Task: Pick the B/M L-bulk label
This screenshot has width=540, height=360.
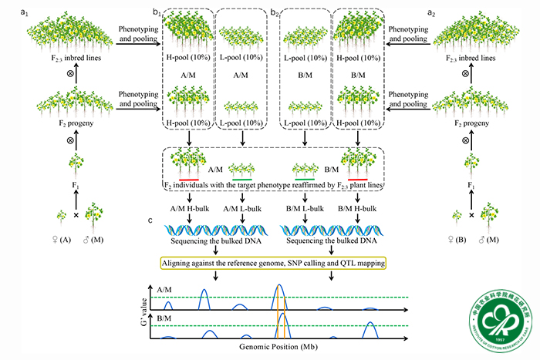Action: coord(302,207)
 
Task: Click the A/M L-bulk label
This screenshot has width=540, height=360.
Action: coord(243,207)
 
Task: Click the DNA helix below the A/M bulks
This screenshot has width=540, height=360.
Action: coord(218,230)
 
